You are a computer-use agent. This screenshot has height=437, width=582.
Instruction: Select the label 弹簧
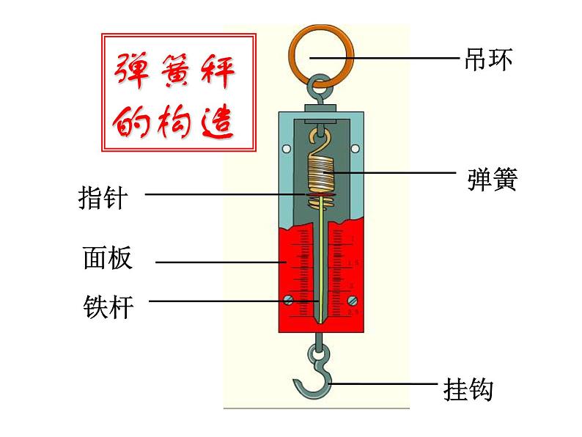[492, 179]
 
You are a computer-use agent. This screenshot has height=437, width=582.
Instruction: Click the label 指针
[102, 197]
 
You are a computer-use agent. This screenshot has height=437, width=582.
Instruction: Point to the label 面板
[107, 259]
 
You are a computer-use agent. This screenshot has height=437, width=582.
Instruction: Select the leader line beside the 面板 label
[220, 261]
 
